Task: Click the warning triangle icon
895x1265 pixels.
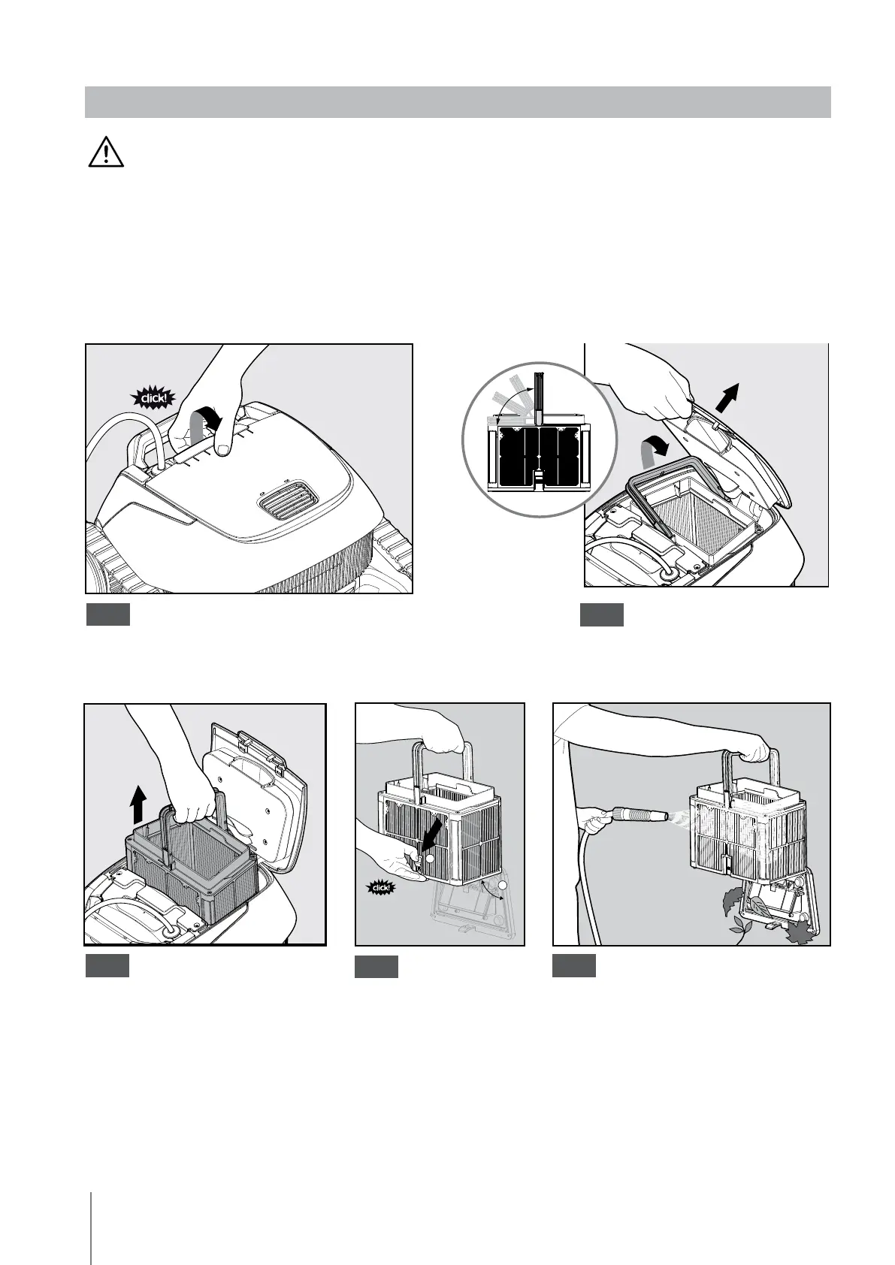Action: click(106, 151)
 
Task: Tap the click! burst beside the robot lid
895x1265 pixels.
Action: click(153, 399)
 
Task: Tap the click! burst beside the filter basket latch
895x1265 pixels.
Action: click(381, 888)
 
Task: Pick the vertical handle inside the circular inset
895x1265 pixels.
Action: click(539, 399)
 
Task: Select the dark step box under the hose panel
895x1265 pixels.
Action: click(573, 966)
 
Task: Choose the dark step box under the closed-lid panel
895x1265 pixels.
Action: click(108, 614)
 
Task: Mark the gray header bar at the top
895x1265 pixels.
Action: click(458, 102)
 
